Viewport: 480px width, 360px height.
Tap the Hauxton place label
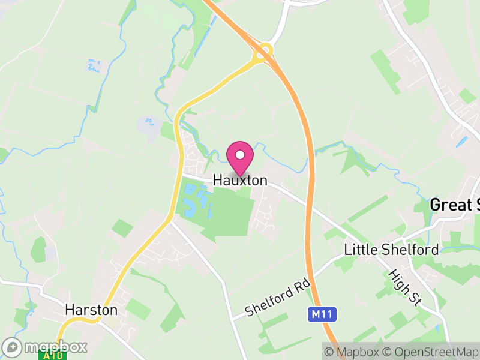240,181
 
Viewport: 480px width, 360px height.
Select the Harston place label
91,310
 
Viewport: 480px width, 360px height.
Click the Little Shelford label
391,250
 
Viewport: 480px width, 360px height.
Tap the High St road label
405,287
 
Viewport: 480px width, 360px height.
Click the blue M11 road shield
323,314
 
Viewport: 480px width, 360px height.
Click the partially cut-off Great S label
454,205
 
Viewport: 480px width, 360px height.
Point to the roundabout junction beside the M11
263,53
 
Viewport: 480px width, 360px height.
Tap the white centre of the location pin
240,155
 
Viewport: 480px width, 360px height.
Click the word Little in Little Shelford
359,250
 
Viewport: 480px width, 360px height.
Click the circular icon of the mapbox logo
13,347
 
